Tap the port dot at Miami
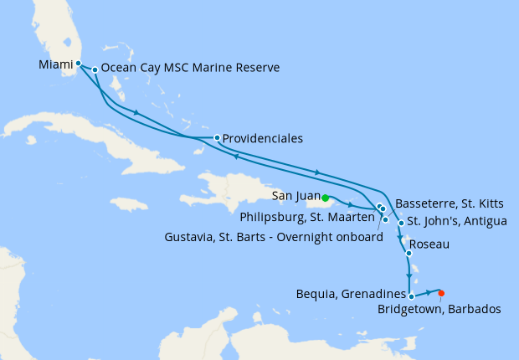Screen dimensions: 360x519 (78, 63)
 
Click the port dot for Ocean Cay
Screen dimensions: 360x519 (95, 69)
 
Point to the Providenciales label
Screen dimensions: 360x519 (263, 138)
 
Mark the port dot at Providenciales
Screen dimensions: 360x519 (217, 137)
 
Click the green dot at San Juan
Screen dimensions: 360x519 (325, 198)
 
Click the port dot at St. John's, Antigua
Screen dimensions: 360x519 (401, 224)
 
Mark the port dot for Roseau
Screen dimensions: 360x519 (409, 254)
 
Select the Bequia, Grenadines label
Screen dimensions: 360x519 (352, 294)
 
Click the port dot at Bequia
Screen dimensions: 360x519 (411, 295)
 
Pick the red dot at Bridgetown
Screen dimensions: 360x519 (441, 292)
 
